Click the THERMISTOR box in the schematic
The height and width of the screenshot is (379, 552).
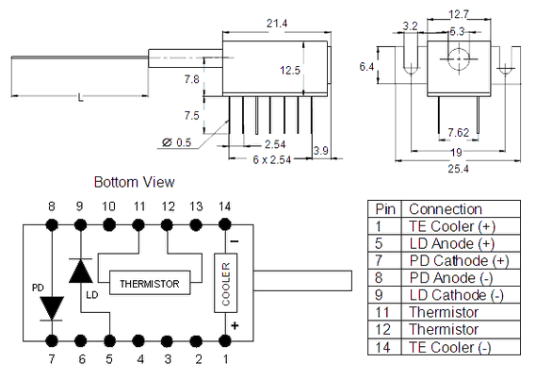[150, 283]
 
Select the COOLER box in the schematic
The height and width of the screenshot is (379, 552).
[226, 283]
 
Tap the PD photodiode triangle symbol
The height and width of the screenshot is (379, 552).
[52, 308]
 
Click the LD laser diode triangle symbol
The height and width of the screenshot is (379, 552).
[81, 271]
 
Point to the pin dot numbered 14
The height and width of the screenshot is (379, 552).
[225, 224]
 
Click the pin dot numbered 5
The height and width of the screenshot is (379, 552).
[110, 341]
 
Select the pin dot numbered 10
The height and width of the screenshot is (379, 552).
[109, 224]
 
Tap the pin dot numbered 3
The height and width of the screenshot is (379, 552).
[167, 341]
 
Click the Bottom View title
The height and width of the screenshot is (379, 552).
[134, 182]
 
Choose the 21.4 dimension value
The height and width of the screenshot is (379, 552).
[277, 24]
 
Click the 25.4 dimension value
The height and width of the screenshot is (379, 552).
[458, 169]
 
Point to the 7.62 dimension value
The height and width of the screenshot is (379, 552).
[459, 132]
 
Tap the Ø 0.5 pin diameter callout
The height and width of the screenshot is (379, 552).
[176, 142]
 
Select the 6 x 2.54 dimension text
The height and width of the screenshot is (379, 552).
[272, 160]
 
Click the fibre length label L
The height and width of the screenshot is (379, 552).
[81, 97]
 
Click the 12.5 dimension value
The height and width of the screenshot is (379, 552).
[290, 71]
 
